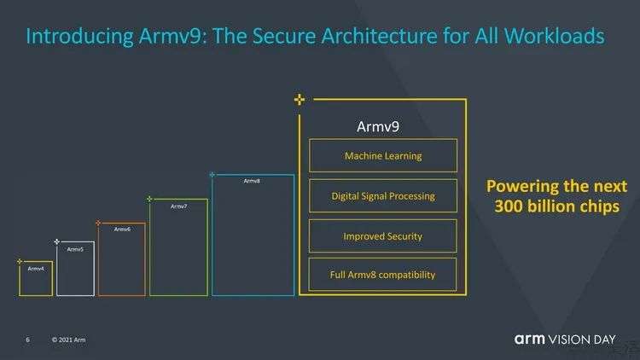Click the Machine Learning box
[383, 156]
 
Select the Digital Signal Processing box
[383, 196]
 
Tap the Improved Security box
[383, 235]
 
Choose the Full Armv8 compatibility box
[383, 275]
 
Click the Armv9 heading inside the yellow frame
[378, 126]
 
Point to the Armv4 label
[36, 269]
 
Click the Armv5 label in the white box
[75, 249]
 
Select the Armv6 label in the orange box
[122, 229]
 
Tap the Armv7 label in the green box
[178, 206]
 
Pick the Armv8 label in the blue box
[252, 181]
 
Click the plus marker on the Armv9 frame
[299, 100]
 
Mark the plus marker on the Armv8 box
[212, 175]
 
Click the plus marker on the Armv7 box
[149, 200]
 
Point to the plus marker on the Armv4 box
[19, 261]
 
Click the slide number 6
[27, 340]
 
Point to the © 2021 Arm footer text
[68, 340]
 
